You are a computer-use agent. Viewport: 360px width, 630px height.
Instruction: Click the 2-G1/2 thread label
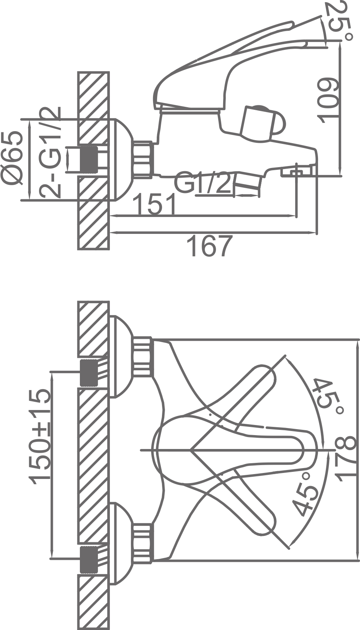click(50, 152)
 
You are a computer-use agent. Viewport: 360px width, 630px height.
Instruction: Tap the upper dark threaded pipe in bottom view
click(89, 373)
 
